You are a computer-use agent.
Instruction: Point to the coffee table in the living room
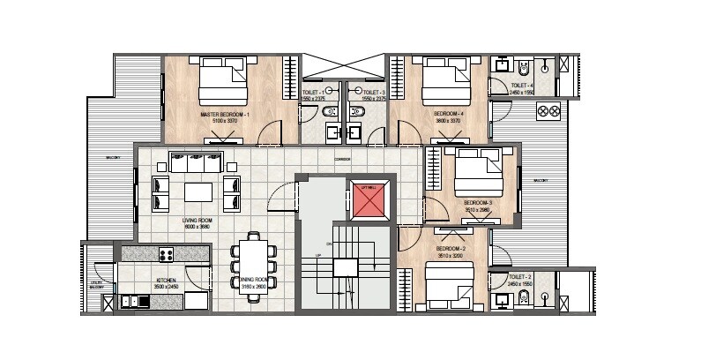tap(197, 191)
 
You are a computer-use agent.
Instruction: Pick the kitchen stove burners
tap(166, 254)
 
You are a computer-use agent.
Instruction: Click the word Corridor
tap(330, 158)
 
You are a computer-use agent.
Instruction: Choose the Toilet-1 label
tap(313, 93)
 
